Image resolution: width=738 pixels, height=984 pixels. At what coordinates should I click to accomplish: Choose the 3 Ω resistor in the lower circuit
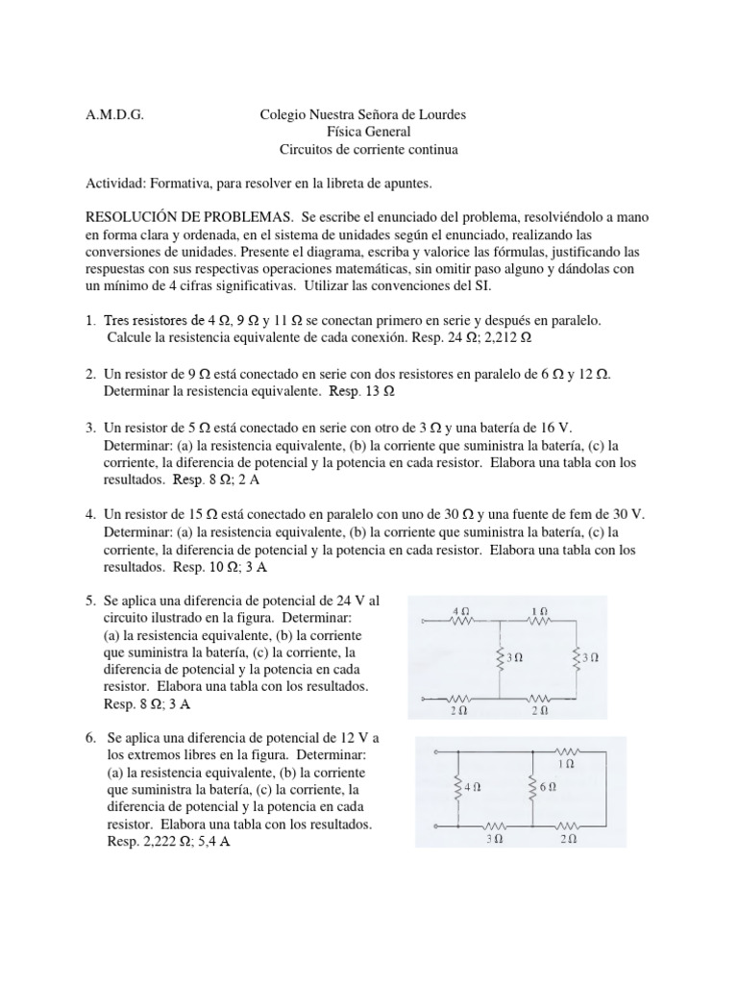coord(497,825)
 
